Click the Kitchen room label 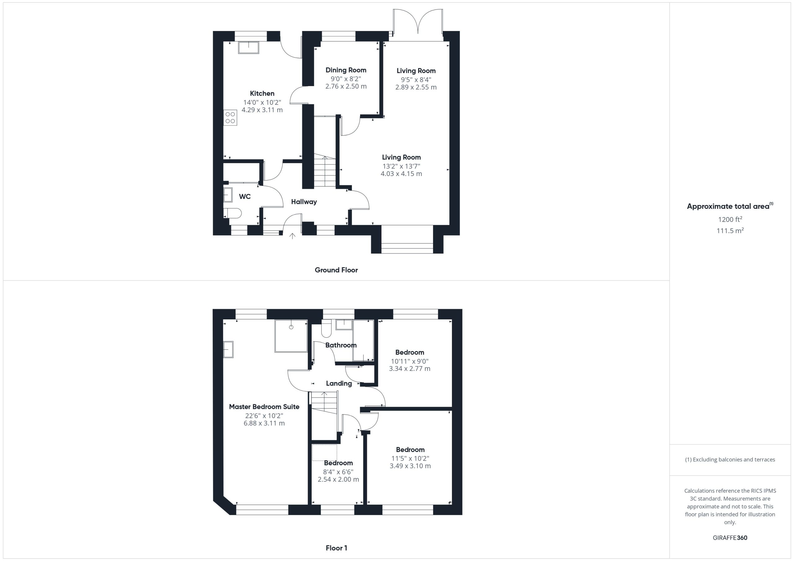[x=262, y=93]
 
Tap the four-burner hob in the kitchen [x=230, y=117]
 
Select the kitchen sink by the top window [x=248, y=48]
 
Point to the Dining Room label [x=346, y=70]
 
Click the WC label [x=245, y=197]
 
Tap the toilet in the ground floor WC [x=232, y=213]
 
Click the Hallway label [x=304, y=202]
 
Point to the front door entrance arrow [x=292, y=236]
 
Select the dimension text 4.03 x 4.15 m [x=401, y=174]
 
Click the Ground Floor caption [x=336, y=270]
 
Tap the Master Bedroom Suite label [x=264, y=407]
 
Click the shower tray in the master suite [x=291, y=336]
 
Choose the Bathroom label [x=341, y=345]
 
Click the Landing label [x=339, y=383]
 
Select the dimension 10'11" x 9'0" [x=410, y=361]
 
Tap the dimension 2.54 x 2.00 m [x=338, y=480]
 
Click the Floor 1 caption [x=337, y=548]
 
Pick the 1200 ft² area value [x=730, y=219]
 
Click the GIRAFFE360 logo [x=730, y=537]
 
